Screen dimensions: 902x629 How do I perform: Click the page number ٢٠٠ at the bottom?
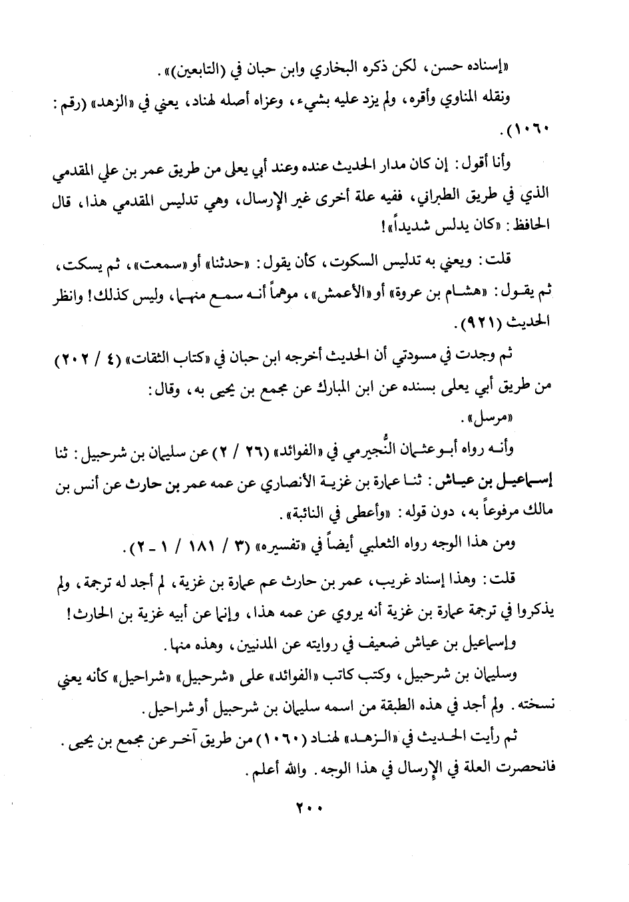pyautogui.click(x=310, y=809)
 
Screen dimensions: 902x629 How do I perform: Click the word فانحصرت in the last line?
pyautogui.click(x=520, y=767)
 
